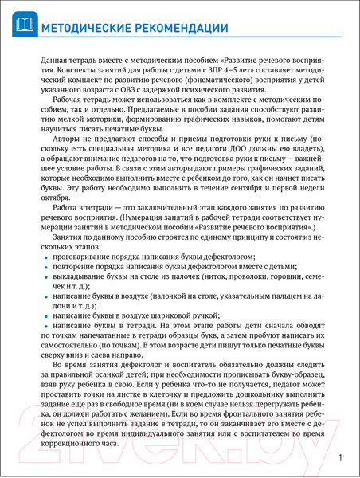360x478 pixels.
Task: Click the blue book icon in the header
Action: tap(23, 25)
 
